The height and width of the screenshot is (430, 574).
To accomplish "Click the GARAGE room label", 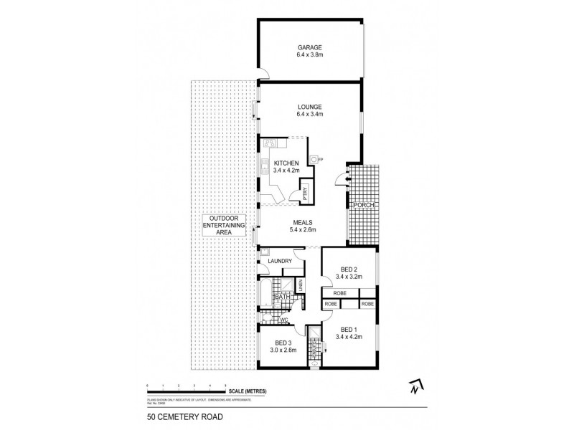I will point(310,47).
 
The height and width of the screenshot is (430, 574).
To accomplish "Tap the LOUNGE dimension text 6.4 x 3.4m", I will point(310,115).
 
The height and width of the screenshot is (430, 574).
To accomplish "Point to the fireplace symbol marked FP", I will point(314,159).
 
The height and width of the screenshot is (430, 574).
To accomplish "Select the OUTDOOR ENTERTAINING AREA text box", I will point(222,226).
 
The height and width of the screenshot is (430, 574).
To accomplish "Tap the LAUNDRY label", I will point(280,262).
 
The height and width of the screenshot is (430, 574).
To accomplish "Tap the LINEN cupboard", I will point(301,286).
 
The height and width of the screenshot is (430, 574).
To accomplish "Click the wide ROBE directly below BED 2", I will point(339,293).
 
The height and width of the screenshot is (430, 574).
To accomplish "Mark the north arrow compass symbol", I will point(414,386).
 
